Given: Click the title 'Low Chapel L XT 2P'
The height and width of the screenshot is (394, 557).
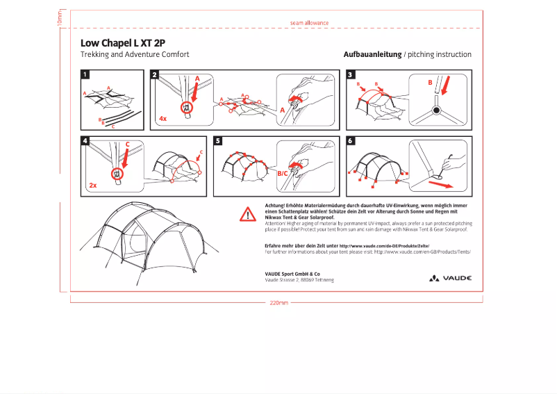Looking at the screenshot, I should pyautogui.click(x=123, y=42).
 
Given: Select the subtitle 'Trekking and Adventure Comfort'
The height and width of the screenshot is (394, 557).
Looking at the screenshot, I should pyautogui.click(x=135, y=54).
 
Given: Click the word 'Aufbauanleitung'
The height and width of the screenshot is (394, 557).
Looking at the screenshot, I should pyautogui.click(x=372, y=54).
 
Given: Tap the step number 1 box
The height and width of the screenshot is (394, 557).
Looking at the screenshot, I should pyautogui.click(x=85, y=74).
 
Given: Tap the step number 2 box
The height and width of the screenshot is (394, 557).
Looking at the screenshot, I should pyautogui.click(x=155, y=74).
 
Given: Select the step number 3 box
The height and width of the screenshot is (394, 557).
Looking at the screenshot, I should pyautogui.click(x=351, y=74).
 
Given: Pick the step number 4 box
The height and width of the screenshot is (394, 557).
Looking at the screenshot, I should pyautogui.click(x=85, y=141).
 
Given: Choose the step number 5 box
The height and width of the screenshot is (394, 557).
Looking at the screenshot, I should pyautogui.click(x=218, y=141).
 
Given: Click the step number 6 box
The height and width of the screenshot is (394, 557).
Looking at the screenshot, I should pyautogui.click(x=351, y=141).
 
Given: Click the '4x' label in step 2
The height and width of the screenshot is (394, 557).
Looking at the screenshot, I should pyautogui.click(x=163, y=119).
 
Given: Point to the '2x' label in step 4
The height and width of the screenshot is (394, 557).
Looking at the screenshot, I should pyautogui.click(x=92, y=186).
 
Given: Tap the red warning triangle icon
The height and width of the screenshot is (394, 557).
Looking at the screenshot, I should pyautogui.click(x=248, y=214).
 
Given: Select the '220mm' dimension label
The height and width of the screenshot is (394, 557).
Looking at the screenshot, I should pyautogui.click(x=278, y=303).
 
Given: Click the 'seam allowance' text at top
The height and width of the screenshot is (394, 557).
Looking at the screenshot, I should pyautogui.click(x=309, y=23).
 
